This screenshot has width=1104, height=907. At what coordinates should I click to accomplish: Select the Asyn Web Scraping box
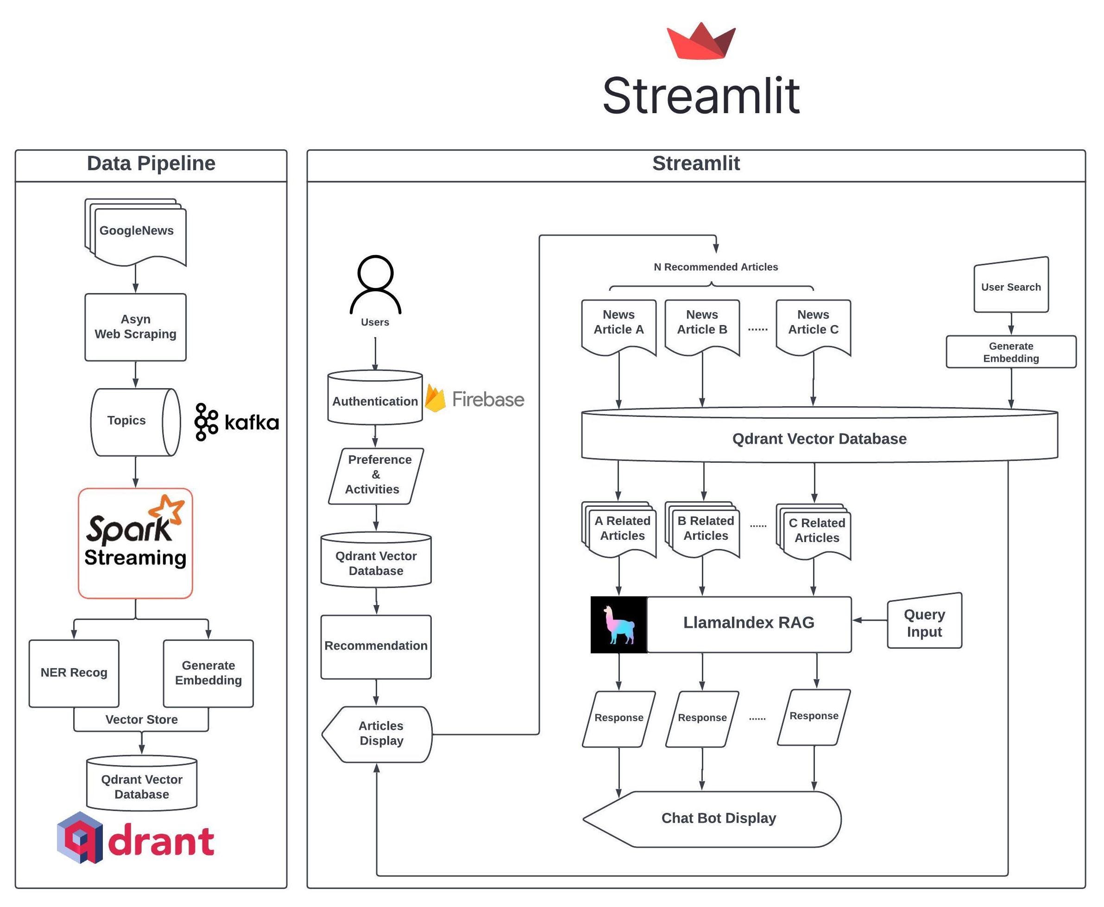coord(135,327)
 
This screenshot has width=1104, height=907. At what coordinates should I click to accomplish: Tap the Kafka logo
coord(236,422)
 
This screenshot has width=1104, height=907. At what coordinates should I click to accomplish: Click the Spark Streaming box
coord(135,543)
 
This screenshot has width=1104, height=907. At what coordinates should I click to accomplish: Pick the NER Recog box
coord(74,673)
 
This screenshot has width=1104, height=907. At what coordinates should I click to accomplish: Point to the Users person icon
coord(375,285)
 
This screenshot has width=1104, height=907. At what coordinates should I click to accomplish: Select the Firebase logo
coord(474,399)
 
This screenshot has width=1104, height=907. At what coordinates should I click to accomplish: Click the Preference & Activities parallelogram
coord(376,475)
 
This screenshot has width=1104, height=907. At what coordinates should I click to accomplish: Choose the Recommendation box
coord(376,646)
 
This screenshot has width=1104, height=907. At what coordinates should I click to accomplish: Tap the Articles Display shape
coord(378,734)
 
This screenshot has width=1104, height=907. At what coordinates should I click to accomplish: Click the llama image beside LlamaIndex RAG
coord(618,624)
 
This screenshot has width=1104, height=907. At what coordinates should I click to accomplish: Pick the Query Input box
coord(924,622)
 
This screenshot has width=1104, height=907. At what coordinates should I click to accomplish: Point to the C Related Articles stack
coord(816,531)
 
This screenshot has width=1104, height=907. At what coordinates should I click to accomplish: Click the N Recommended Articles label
coord(716,267)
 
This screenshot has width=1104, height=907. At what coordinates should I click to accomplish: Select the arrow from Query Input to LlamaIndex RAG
coord(870,620)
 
